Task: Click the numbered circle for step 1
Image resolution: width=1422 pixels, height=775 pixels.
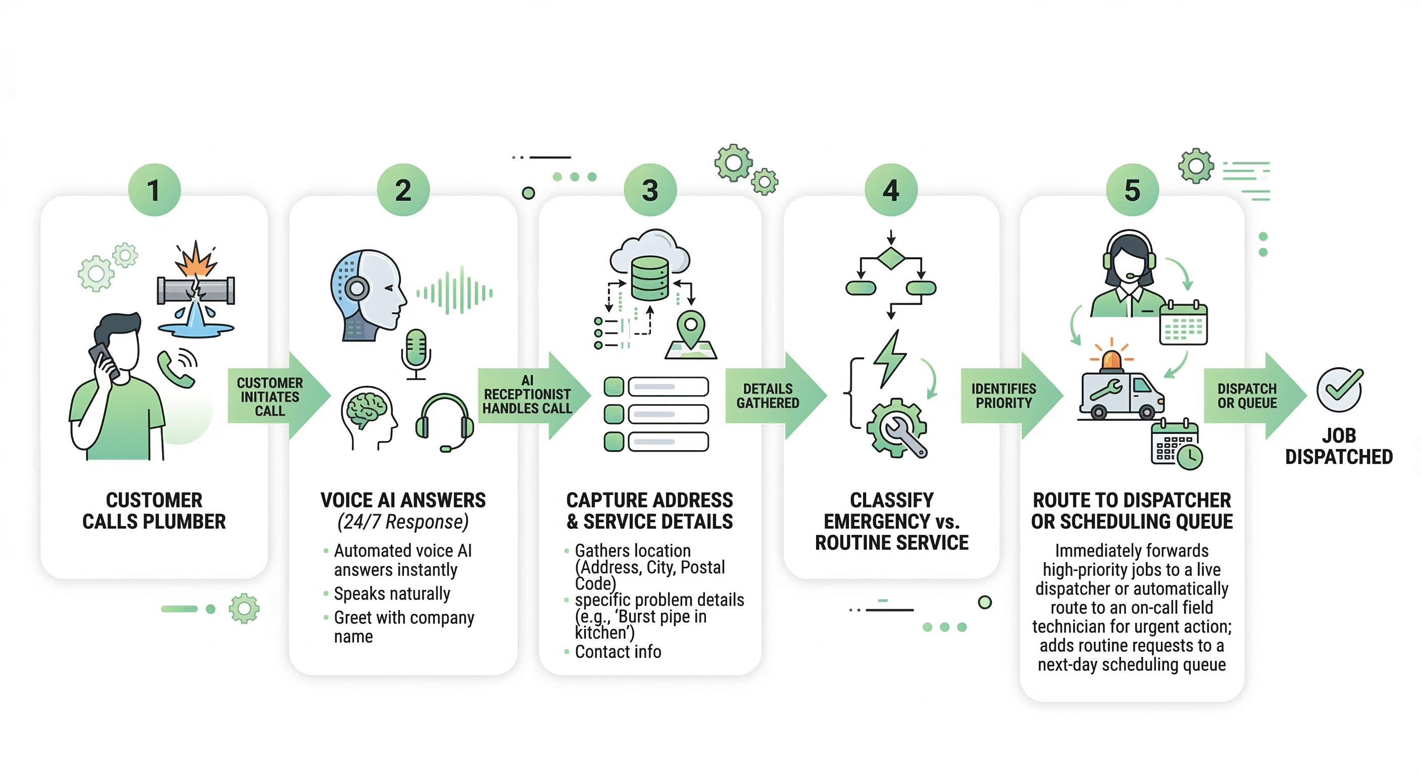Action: (x=154, y=190)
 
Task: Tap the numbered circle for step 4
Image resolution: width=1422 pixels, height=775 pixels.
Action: (x=891, y=190)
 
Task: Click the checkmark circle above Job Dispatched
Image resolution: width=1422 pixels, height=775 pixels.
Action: (x=1339, y=390)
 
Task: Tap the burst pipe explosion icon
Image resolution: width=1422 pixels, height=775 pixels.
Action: (x=195, y=259)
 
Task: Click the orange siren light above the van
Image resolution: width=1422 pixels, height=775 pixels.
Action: (x=1112, y=359)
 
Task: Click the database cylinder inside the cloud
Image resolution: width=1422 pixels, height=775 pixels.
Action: (x=650, y=278)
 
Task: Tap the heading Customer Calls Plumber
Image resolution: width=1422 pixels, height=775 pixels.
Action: (x=154, y=511)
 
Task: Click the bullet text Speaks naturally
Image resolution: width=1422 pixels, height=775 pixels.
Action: (x=392, y=593)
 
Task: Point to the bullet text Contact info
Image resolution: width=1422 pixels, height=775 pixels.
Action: (x=618, y=651)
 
